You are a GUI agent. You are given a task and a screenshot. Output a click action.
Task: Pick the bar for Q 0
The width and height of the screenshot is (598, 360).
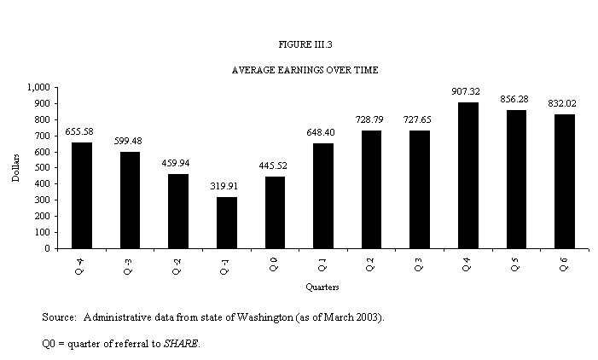[x=275, y=212]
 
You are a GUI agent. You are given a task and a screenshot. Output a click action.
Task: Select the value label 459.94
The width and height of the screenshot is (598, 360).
[x=178, y=164]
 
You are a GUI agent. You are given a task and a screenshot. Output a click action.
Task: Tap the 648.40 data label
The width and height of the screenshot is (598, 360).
[x=323, y=133]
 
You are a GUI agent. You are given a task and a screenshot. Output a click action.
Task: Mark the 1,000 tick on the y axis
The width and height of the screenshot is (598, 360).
[x=38, y=87]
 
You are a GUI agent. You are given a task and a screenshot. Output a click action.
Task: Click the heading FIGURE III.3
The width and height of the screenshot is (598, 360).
[x=299, y=43]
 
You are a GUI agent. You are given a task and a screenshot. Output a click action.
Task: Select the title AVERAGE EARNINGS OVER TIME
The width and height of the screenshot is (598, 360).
[x=299, y=70]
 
